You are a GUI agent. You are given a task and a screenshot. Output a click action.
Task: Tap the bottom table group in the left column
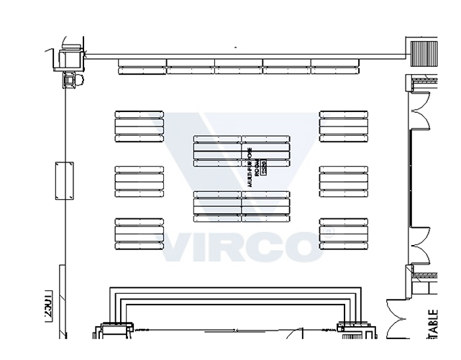coord(139,232)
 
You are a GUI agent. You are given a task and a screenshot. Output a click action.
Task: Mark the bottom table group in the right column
coord(344,232)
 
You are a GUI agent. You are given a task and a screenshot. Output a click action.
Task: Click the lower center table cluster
coord(242,206)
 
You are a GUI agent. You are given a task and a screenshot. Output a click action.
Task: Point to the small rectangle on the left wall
coord(64,180)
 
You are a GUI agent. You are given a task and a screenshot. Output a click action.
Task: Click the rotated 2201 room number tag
coord(48,305)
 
